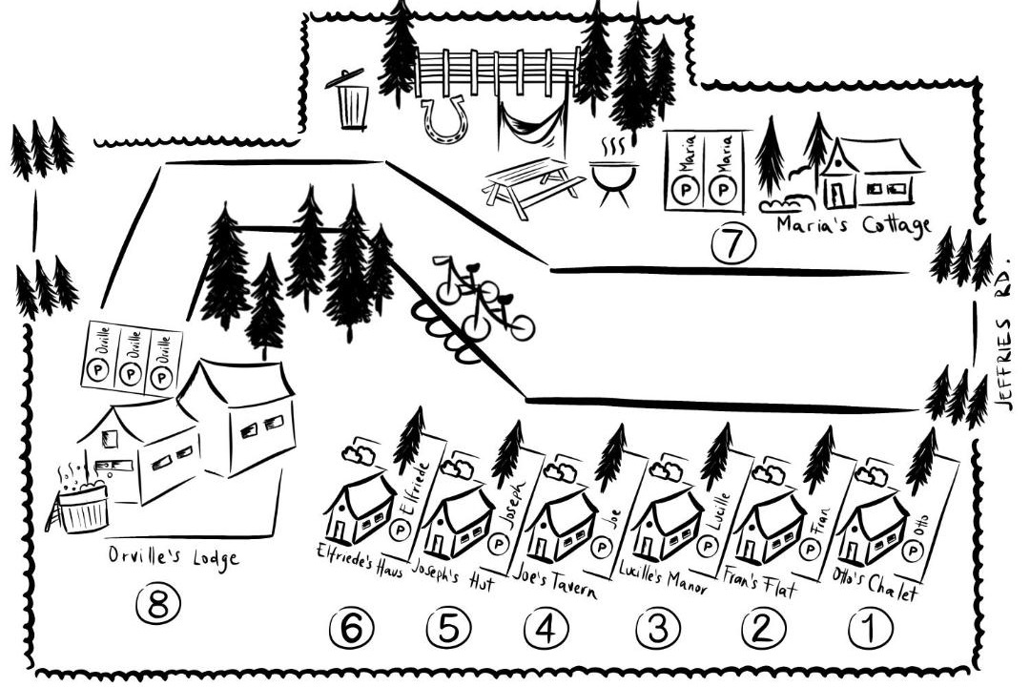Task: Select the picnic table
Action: tap(533, 187)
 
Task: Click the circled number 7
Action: tap(733, 243)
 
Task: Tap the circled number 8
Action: tap(158, 604)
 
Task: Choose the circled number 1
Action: tap(871, 628)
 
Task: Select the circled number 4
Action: tap(546, 629)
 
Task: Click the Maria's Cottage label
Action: tap(854, 225)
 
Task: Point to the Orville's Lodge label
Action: tap(174, 557)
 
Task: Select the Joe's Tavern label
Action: tap(555, 578)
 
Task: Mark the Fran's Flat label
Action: tap(760, 582)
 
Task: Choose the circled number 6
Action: tap(351, 629)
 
